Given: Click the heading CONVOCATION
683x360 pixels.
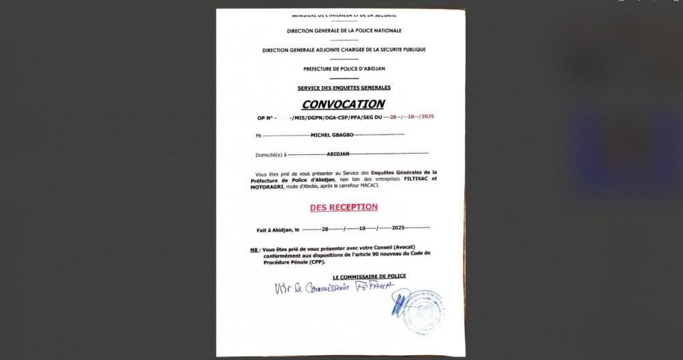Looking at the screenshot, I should [x=344, y=105].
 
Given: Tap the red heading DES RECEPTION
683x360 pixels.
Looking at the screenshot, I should [x=344, y=207].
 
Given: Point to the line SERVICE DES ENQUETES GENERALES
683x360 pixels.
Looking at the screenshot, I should [x=344, y=88].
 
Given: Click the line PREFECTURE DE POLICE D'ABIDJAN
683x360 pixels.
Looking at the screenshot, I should [x=344, y=69].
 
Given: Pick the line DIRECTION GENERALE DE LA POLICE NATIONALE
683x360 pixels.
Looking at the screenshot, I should [x=344, y=31].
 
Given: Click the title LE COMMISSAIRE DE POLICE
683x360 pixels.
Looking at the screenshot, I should [x=370, y=276].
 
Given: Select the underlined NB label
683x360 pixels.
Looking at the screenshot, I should [x=254, y=251].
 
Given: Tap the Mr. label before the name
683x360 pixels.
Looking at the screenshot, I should [x=260, y=136].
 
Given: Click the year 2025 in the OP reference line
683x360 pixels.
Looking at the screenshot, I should [x=428, y=117].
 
